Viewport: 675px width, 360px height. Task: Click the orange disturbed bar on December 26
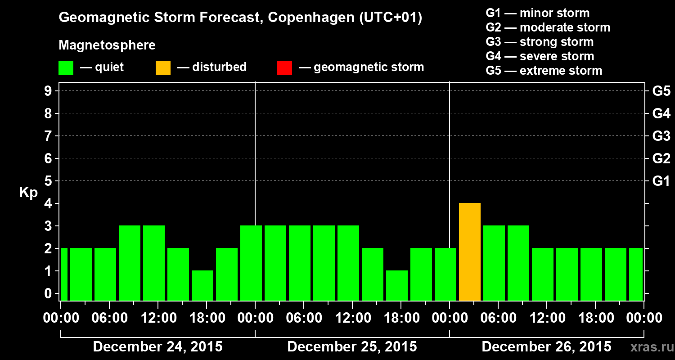click(x=469, y=252)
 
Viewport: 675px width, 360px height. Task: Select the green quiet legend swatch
click(x=66, y=67)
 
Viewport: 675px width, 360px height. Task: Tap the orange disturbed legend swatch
click(x=163, y=67)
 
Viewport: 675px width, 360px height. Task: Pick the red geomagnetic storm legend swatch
click(x=284, y=67)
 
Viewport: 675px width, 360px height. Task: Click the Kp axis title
click(x=28, y=193)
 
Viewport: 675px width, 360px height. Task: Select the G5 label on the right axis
click(x=661, y=91)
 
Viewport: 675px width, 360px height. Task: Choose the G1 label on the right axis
click(x=661, y=181)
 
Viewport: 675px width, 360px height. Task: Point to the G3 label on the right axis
click(x=661, y=136)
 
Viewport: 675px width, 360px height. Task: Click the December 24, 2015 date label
click(x=157, y=347)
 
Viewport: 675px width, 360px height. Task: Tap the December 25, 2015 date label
click(x=352, y=347)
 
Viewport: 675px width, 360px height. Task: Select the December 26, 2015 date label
click(x=546, y=347)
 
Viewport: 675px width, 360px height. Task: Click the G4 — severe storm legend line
click(x=540, y=56)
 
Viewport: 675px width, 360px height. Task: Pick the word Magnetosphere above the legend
click(x=107, y=45)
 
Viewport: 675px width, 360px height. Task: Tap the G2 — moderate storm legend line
click(x=548, y=27)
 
